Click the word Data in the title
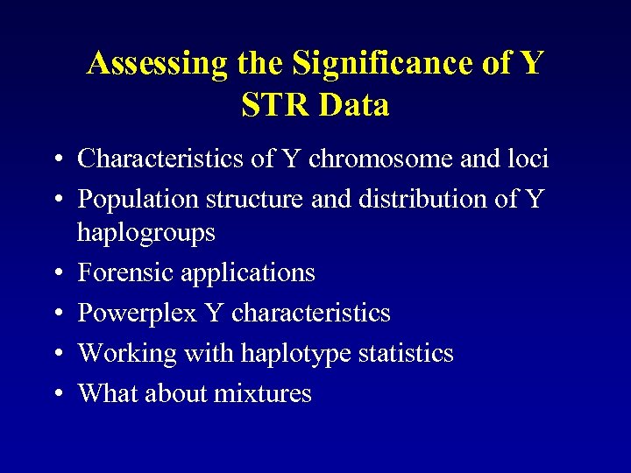tap(355, 106)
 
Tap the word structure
tap(256, 200)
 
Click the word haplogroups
tap(146, 233)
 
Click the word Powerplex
tap(137, 313)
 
